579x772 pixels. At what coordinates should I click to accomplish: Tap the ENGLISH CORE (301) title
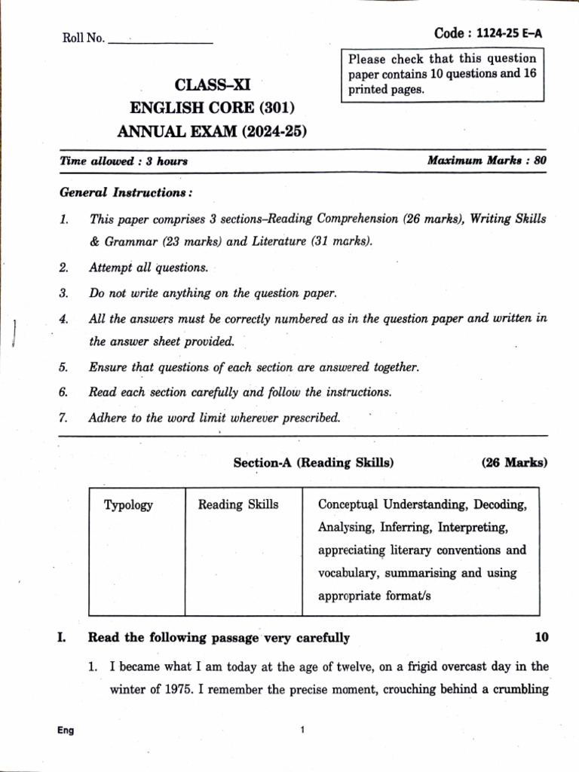pyautogui.click(x=212, y=107)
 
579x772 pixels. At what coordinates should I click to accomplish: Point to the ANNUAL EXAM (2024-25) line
pyautogui.click(x=212, y=132)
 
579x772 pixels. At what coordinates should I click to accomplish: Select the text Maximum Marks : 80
pyautogui.click(x=487, y=161)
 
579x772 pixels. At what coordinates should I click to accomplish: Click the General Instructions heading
pyautogui.click(x=126, y=192)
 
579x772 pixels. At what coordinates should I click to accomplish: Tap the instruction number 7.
pyautogui.click(x=64, y=417)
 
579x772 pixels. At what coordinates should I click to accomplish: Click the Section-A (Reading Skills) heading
pyautogui.click(x=314, y=463)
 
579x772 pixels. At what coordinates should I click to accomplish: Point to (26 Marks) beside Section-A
pyautogui.click(x=514, y=463)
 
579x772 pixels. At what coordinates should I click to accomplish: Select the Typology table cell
pyautogui.click(x=128, y=505)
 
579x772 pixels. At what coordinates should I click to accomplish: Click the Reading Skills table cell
pyautogui.click(x=238, y=504)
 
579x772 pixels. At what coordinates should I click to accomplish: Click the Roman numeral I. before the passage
pyautogui.click(x=61, y=638)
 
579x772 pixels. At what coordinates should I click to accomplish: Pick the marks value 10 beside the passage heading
pyautogui.click(x=541, y=638)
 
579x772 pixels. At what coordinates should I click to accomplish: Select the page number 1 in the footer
pyautogui.click(x=302, y=730)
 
